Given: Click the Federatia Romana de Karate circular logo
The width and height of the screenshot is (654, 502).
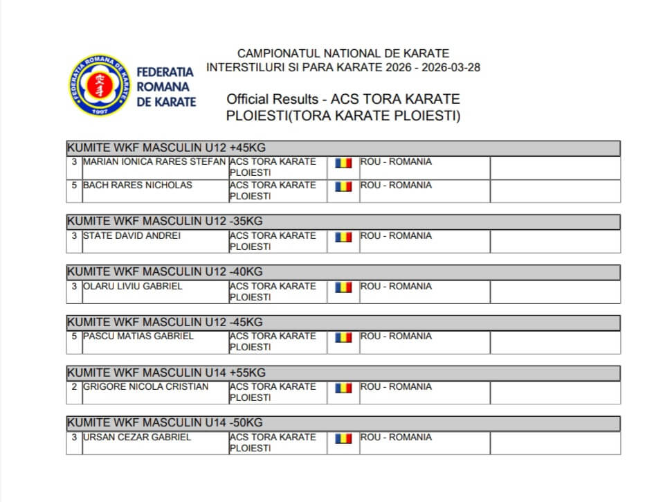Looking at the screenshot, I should click(100, 84).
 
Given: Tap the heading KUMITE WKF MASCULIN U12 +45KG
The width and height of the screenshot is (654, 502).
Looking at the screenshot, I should click(166, 147).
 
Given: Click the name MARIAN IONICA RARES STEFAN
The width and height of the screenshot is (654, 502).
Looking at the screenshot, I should click(154, 161).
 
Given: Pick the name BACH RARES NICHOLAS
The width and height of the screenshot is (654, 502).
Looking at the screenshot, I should click(137, 185).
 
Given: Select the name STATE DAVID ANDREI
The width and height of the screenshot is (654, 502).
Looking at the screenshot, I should click(131, 235).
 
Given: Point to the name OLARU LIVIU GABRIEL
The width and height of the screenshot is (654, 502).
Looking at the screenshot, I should click(133, 286).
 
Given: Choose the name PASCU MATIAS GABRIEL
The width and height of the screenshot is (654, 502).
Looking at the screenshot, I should click(138, 336).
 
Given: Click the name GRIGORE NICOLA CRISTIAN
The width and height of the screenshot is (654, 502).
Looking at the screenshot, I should click(145, 386).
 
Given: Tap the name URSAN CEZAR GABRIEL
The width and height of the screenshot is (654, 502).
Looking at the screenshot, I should click(137, 437).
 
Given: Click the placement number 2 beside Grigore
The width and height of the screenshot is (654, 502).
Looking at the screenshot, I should click(74, 386).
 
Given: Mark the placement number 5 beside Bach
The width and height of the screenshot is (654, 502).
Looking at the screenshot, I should click(74, 185).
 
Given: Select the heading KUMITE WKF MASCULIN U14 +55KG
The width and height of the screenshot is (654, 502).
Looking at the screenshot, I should click(166, 373).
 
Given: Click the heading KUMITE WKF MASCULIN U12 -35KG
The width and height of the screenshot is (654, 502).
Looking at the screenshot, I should click(165, 222).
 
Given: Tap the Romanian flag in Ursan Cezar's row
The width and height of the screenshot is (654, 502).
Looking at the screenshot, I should click(343, 438).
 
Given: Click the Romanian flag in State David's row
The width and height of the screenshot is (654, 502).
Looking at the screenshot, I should click(343, 237).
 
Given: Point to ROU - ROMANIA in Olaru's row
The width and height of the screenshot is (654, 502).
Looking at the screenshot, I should click(396, 286).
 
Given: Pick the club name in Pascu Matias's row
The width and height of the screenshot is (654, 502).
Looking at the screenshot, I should click(272, 341).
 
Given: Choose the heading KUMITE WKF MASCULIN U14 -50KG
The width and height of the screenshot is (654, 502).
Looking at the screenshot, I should click(165, 423).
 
